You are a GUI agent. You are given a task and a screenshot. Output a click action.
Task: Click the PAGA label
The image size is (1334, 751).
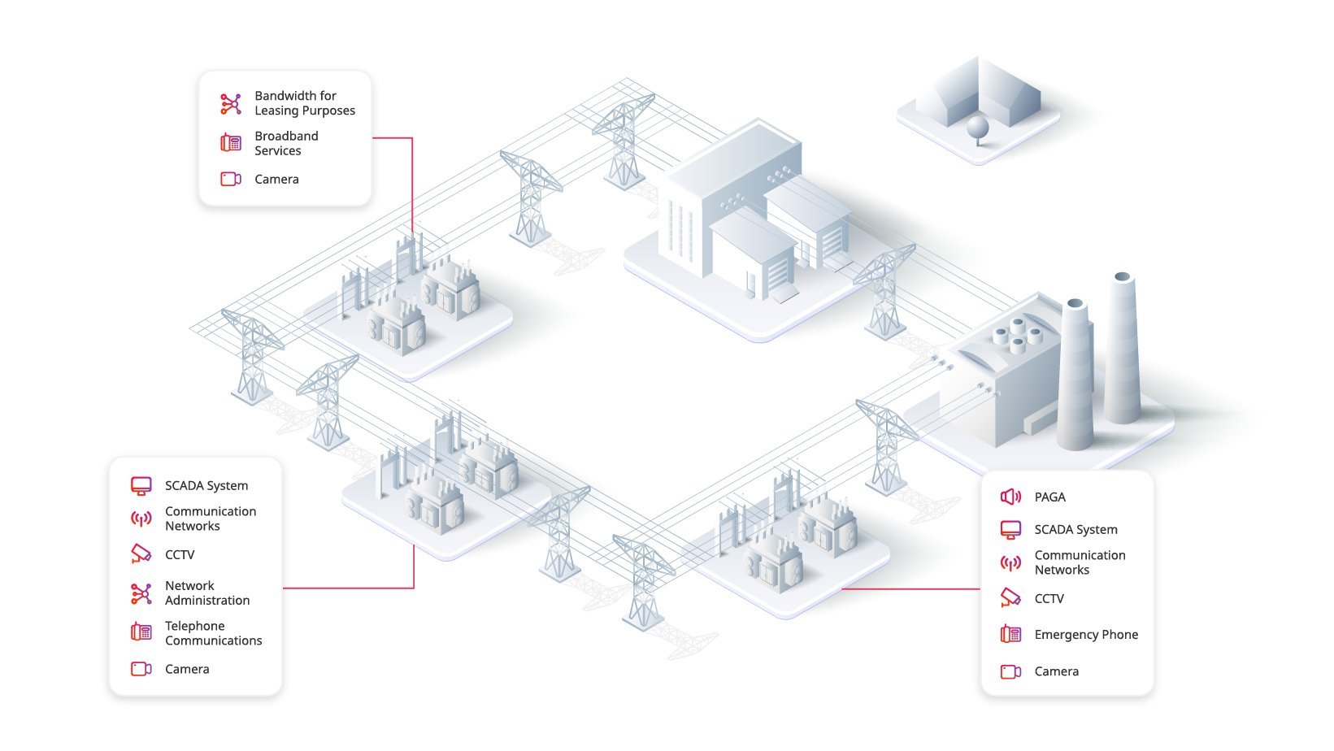coord(1049,497)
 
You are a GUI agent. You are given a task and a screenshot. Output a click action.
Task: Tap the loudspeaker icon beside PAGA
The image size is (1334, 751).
coord(1010,497)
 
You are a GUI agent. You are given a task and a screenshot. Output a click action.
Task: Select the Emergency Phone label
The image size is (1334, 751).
coord(1086,635)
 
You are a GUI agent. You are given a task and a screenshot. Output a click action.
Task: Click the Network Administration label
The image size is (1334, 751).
coord(207,593)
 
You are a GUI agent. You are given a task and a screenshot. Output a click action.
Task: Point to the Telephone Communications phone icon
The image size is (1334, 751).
coord(141,632)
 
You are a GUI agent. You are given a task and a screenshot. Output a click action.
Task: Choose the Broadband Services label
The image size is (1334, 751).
coord(286,144)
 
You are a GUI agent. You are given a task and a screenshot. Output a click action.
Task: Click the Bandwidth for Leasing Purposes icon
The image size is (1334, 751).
coord(231,103)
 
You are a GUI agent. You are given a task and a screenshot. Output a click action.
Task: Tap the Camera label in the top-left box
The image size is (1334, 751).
coord(276,180)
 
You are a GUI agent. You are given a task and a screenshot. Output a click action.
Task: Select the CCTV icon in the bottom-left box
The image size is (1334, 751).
coord(141,553)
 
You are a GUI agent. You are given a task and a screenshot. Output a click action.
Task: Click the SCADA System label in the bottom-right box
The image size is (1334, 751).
coord(1075,529)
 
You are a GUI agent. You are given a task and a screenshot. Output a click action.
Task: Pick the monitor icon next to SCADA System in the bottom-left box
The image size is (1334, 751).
coord(141,486)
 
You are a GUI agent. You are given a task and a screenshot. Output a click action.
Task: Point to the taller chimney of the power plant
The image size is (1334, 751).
coord(1123,349)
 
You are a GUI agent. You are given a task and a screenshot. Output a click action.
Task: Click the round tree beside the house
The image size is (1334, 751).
coord(978,130)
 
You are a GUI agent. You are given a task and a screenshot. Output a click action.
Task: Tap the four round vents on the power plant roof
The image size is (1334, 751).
coord(1017,336)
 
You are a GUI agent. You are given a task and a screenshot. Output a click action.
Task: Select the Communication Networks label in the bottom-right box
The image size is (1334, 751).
coord(1080,562)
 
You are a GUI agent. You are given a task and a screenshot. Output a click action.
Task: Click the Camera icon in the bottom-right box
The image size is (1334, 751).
coord(1010,672)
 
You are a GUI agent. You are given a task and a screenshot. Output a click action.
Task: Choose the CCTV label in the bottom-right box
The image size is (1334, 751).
coord(1049,599)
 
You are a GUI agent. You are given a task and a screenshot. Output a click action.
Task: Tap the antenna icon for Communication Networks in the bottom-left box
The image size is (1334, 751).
coord(141,519)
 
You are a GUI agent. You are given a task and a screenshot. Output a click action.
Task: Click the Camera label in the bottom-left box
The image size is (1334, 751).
coord(187,670)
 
